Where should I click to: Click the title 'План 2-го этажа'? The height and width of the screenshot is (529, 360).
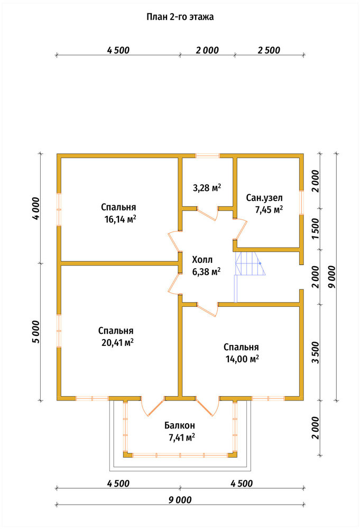pyautogui.click(x=180, y=17)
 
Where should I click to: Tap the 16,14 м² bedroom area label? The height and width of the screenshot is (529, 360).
pyautogui.click(x=121, y=220)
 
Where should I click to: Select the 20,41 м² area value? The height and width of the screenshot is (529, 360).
pyautogui.click(x=117, y=343)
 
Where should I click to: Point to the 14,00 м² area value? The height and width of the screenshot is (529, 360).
pyautogui.click(x=242, y=359)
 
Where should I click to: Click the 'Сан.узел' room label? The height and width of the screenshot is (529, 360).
pyautogui.click(x=264, y=198)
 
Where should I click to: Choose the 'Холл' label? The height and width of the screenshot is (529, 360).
pyautogui.click(x=202, y=260)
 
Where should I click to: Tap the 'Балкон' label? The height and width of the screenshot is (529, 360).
pyautogui.click(x=180, y=425)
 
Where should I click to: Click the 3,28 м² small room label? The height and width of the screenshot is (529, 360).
pyautogui.click(x=207, y=188)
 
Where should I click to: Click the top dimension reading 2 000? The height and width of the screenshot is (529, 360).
pyautogui.click(x=207, y=50)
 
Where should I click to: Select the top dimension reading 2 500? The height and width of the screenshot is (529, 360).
pyautogui.click(x=269, y=50)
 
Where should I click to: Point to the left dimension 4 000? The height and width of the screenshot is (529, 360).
pyautogui.click(x=36, y=208)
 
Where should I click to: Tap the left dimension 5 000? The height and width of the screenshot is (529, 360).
pyautogui.click(x=36, y=332)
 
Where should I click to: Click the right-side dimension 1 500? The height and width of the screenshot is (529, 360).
pyautogui.click(x=315, y=229)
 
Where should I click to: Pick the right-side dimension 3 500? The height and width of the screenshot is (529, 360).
pyautogui.click(x=315, y=352)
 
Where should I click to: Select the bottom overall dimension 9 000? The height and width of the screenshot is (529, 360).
pyautogui.click(x=180, y=500)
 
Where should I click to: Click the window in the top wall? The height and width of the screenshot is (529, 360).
pyautogui.click(x=208, y=156)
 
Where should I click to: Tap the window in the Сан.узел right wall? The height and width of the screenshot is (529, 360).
pyautogui.click(x=302, y=203)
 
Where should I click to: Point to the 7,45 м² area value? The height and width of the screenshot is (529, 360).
pyautogui.click(x=269, y=210)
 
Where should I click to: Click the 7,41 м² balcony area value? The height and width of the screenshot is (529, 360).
pyautogui.click(x=182, y=438)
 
